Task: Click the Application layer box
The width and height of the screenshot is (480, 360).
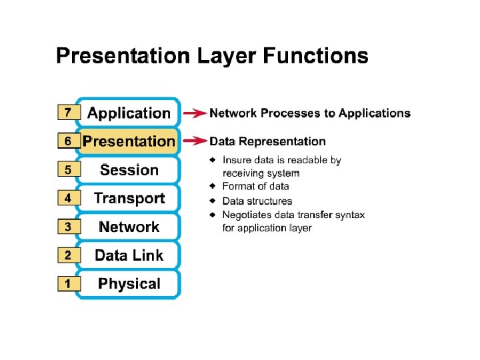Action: (129, 113)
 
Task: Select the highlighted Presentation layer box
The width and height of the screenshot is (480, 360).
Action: (129, 141)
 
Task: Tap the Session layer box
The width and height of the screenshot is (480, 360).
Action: (129, 170)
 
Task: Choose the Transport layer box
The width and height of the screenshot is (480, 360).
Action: (129, 198)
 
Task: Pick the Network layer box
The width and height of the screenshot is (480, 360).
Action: (129, 227)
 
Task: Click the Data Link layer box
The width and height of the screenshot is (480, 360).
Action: (129, 255)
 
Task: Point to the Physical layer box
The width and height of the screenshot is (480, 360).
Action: (129, 283)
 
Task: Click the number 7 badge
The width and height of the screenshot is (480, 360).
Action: (68, 113)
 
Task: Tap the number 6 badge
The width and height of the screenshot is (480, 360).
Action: (68, 141)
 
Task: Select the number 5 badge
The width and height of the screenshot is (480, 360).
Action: (68, 170)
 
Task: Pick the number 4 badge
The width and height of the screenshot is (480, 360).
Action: (68, 198)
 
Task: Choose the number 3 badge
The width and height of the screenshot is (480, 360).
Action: (68, 227)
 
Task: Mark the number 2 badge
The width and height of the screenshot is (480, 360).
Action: (68, 255)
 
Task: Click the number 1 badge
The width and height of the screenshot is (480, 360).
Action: (68, 284)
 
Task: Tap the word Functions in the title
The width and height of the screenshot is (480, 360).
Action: (316, 55)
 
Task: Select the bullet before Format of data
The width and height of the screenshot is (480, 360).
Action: (213, 186)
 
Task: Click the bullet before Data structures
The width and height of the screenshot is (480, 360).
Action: (213, 201)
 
